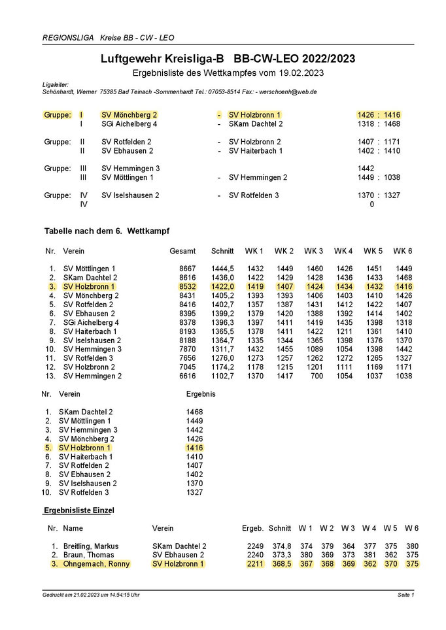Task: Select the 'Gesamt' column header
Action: click(x=182, y=251)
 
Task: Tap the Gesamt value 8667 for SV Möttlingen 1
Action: click(x=186, y=269)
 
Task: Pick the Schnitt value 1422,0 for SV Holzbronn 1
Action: click(x=222, y=286)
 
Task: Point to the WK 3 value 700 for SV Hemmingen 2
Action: click(x=315, y=376)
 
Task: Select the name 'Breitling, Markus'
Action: click(x=92, y=546)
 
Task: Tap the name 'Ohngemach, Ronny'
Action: click(x=96, y=563)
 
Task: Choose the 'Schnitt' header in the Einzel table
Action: click(x=279, y=528)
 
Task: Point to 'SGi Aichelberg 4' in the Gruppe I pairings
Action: click(x=129, y=124)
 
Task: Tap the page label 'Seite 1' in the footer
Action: click(x=405, y=595)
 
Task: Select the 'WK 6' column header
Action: click(x=404, y=251)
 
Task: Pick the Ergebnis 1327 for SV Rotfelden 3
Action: click(x=194, y=492)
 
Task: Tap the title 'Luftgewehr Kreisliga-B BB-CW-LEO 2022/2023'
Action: click(x=228, y=59)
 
